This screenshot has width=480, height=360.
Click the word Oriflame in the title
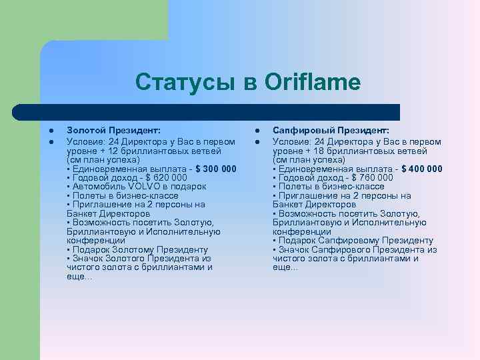coord(312,83)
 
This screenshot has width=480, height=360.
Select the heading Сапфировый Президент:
coord(331,132)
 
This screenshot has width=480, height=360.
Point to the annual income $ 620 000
coord(159,178)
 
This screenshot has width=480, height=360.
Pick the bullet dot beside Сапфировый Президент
coord(257,132)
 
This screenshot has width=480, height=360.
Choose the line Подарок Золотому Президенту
coord(137,249)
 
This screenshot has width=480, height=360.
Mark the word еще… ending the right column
coord(285,267)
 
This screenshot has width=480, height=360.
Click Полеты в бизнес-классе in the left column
coord(123,196)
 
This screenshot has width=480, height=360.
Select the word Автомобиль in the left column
coord(93,187)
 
